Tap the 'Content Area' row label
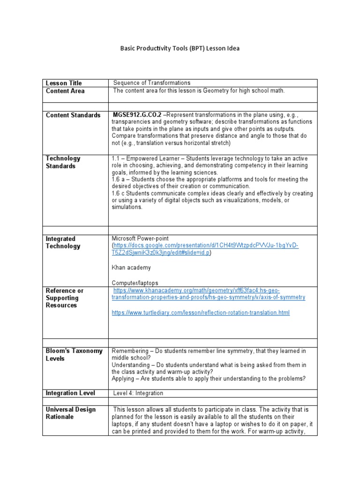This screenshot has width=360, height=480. pos(65,91)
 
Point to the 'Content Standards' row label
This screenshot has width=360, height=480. pos(73,115)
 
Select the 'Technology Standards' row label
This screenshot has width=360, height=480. pos(63,162)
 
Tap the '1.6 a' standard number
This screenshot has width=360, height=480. pos(119,180)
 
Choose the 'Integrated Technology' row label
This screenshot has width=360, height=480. pos(63,242)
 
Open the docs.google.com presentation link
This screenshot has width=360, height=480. pos(205,249)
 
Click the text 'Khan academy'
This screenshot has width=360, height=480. pos(131,268)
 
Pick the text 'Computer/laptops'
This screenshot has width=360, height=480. pos(135,283)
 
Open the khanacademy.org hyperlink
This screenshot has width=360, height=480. pos(208,294)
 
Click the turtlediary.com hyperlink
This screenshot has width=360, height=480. pos(201,313)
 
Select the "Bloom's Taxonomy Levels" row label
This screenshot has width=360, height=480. pos(74,355)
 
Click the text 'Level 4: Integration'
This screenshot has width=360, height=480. pos(138,393)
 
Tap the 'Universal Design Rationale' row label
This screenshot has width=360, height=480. pos(70,413)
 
